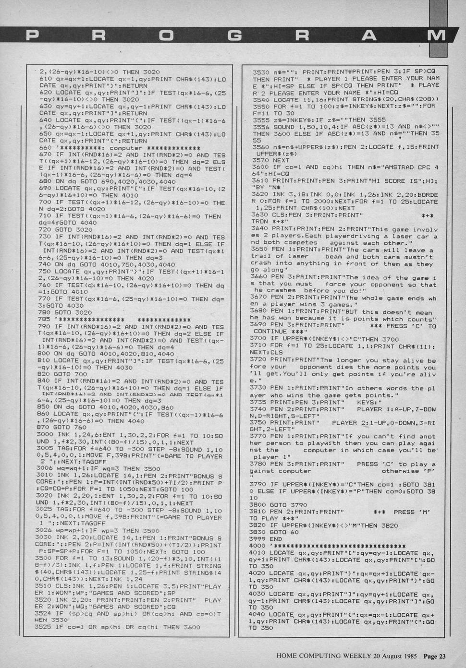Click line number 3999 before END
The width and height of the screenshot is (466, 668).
click(x=261, y=539)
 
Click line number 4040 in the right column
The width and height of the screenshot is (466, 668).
click(x=261, y=614)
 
